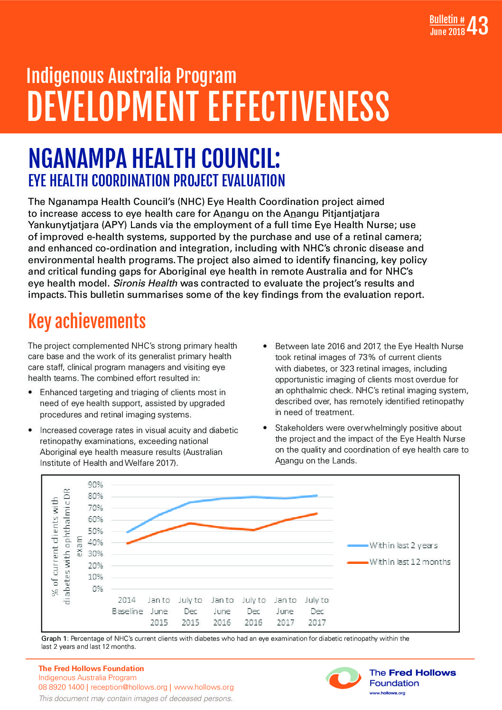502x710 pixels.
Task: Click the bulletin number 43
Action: (477, 26)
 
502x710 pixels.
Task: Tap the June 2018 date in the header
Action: (447, 32)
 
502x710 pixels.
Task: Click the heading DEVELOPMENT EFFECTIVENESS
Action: (208, 106)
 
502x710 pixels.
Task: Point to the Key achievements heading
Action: (87, 322)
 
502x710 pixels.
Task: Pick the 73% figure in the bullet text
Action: (366, 357)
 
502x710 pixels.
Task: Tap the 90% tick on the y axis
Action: (95, 485)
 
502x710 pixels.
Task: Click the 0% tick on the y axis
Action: (97, 589)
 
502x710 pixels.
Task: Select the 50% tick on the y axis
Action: (95, 531)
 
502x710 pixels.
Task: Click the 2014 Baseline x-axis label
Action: (127, 606)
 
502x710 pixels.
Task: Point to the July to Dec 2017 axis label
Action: (316, 611)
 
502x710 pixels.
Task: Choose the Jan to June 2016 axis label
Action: (222, 611)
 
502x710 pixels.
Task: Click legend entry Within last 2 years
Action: (403, 545)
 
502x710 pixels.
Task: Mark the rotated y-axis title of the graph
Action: (66, 546)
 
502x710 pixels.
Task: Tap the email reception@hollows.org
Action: (129, 687)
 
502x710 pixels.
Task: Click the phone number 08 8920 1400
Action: (61, 687)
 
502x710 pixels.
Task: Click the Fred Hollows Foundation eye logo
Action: (343, 678)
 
